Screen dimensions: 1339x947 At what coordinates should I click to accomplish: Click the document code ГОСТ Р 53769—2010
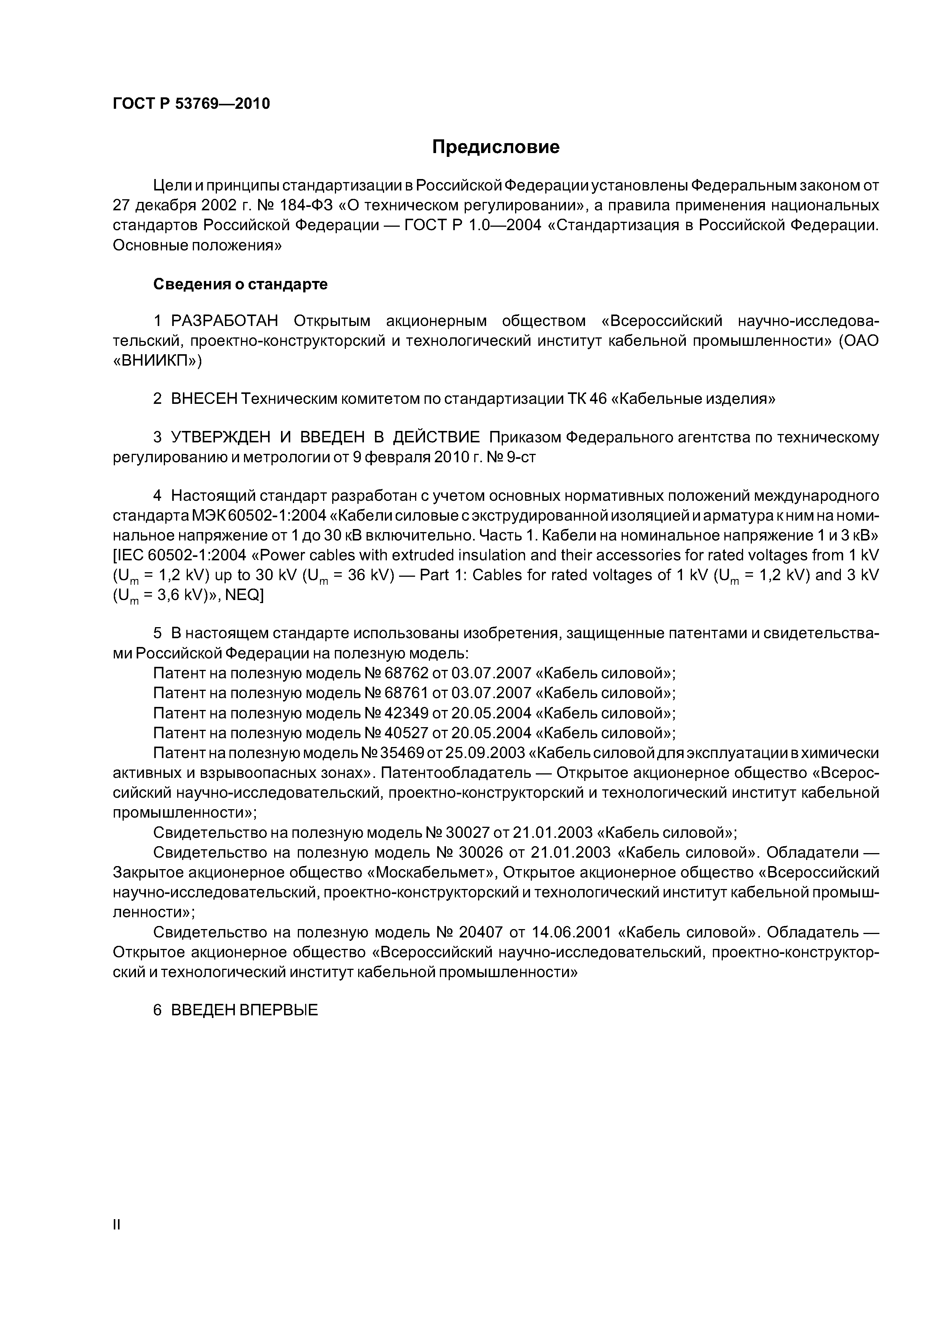tap(191, 104)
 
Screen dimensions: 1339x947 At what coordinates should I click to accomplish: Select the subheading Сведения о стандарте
tap(240, 285)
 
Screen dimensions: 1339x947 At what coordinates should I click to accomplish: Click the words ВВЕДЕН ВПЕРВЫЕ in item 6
tap(244, 1010)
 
